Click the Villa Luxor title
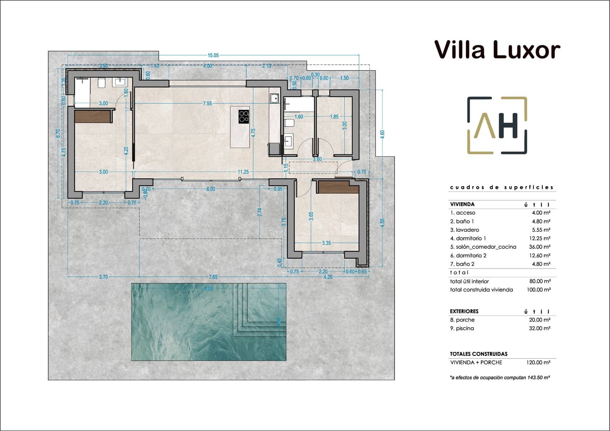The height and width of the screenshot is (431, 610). [x=497, y=50]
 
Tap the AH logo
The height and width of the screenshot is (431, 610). [x=497, y=125]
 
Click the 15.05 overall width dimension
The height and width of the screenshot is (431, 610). [x=213, y=55]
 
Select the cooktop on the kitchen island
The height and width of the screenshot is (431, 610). [x=244, y=117]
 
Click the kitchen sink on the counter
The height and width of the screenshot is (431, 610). [x=274, y=99]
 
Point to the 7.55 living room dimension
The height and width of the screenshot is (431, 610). [x=207, y=103]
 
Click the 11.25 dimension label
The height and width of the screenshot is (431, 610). [x=243, y=172]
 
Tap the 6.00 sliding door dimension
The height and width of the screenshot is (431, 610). [x=211, y=189]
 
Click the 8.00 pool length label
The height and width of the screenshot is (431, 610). [x=209, y=289]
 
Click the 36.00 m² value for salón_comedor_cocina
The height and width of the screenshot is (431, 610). [x=539, y=247]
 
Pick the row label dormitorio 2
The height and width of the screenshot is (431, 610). [x=468, y=256]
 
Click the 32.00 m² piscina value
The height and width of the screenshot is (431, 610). [x=539, y=328]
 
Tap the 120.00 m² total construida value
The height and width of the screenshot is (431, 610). [x=538, y=363]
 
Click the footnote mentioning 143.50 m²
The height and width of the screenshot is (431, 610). [x=500, y=378]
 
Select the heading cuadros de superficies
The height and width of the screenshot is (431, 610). [x=502, y=187]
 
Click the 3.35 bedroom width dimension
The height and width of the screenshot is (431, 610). [x=326, y=243]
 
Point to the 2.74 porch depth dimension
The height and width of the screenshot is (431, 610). [x=260, y=212]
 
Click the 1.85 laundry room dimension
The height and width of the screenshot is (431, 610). [x=334, y=117]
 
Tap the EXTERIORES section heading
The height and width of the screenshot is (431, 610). [x=464, y=311]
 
